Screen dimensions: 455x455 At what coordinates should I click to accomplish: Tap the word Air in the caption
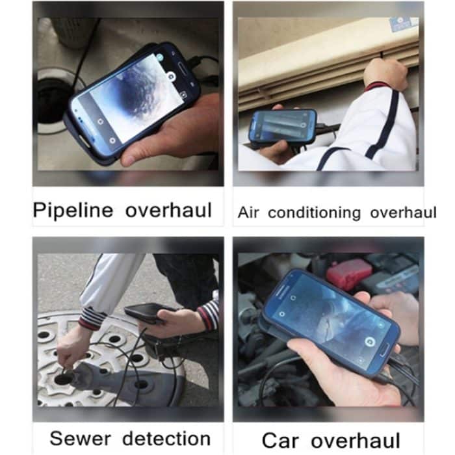pyautogui.click(x=248, y=213)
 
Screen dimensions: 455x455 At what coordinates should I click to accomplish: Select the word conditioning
pyautogui.click(x=314, y=214)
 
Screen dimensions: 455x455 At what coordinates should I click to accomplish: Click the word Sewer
pyautogui.click(x=81, y=439)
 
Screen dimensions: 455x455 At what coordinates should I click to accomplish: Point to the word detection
pyautogui.click(x=166, y=439)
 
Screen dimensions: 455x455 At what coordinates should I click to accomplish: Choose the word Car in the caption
pyautogui.click(x=280, y=441)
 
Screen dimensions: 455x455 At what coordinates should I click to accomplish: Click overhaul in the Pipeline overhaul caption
pyautogui.click(x=168, y=210)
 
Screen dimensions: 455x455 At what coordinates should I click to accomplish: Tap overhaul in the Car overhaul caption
pyautogui.click(x=356, y=441)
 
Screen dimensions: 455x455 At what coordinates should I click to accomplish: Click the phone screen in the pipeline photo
pyautogui.click(x=131, y=99)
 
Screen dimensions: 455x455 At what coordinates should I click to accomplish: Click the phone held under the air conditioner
pyautogui.click(x=283, y=126)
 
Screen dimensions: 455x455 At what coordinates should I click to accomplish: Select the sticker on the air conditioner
pyautogui.click(x=401, y=24)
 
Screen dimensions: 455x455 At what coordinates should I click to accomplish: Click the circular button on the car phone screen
pyautogui.click(x=369, y=342)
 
